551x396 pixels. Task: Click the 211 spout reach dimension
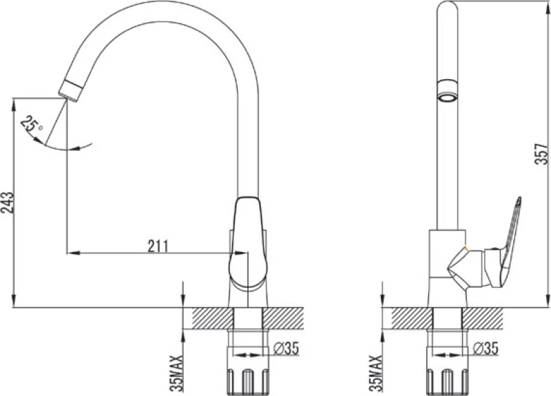(x=158, y=247)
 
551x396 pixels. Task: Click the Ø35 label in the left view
(x=286, y=348)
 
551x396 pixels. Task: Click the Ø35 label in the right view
(x=486, y=348)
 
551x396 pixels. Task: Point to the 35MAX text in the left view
(x=177, y=373)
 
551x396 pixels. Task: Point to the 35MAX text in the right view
(x=376, y=373)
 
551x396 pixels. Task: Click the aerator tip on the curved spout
(x=71, y=91)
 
